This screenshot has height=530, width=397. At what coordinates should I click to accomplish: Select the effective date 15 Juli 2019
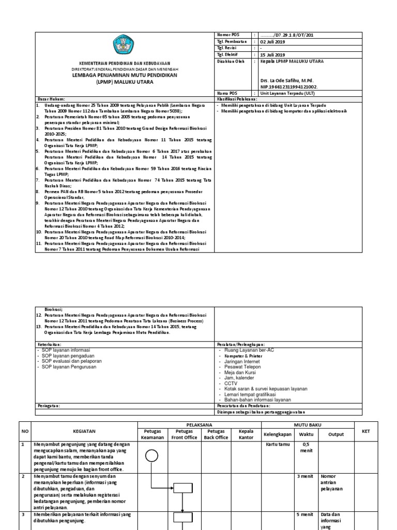pos(272,54)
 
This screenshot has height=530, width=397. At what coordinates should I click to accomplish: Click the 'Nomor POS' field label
pos(226,35)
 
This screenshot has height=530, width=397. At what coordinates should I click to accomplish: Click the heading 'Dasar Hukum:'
pos(51,98)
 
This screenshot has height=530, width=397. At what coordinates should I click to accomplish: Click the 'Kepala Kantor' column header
pos(247,434)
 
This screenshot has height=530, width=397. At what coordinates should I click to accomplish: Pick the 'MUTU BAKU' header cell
pos(308,424)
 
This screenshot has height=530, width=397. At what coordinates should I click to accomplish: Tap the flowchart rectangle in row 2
pos(182,487)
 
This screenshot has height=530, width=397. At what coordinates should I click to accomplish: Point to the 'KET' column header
pos(366,431)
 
